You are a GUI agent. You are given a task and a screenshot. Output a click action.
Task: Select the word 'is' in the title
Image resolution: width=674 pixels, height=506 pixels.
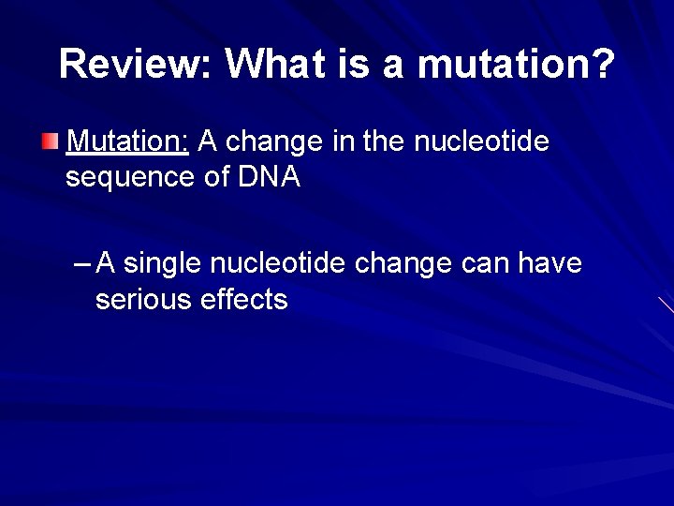(x=353, y=63)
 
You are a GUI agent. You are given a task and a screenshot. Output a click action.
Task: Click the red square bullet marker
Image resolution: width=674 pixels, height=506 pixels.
(x=50, y=141)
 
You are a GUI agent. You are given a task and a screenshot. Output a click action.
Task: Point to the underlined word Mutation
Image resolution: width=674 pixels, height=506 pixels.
(x=127, y=141)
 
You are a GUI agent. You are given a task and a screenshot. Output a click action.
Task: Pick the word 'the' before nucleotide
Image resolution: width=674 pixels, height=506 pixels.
(x=384, y=141)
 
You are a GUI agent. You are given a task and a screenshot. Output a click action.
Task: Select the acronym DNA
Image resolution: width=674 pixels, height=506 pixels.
(x=270, y=176)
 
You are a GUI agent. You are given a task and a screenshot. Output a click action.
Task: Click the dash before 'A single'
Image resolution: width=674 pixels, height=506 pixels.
(x=81, y=263)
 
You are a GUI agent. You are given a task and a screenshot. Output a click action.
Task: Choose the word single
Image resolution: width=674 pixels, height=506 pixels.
(x=162, y=264)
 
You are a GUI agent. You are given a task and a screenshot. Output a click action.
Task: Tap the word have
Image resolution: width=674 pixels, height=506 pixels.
(x=549, y=262)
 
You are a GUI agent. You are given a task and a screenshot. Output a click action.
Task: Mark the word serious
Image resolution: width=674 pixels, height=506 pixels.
(x=143, y=299)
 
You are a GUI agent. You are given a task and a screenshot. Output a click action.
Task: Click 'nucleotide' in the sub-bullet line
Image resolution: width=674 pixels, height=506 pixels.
(x=277, y=262)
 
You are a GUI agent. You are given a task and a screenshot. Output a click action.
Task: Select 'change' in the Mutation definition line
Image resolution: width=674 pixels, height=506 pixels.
(x=273, y=142)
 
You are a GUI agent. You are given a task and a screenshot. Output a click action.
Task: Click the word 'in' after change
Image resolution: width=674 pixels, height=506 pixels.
(x=343, y=141)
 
